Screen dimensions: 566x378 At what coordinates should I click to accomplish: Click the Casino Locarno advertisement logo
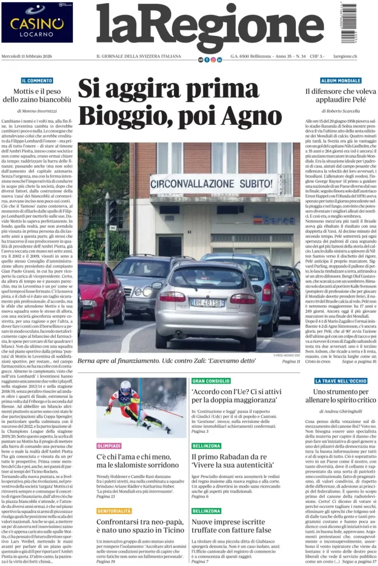tap(37, 22)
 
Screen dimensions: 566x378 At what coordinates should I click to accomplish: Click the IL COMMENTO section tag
tap(37, 81)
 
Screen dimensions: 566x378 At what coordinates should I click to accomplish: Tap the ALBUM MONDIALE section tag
tap(340, 81)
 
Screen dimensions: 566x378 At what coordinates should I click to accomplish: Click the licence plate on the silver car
tap(207, 302)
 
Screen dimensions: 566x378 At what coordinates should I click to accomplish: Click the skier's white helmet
tap(126, 386)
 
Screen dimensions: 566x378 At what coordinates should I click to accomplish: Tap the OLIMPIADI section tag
tap(109, 446)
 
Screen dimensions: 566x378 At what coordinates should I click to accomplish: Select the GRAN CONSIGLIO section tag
tap(211, 381)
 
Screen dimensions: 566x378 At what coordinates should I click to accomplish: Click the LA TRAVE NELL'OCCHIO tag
tap(340, 381)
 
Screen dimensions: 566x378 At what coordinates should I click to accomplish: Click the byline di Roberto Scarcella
tap(340, 111)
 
